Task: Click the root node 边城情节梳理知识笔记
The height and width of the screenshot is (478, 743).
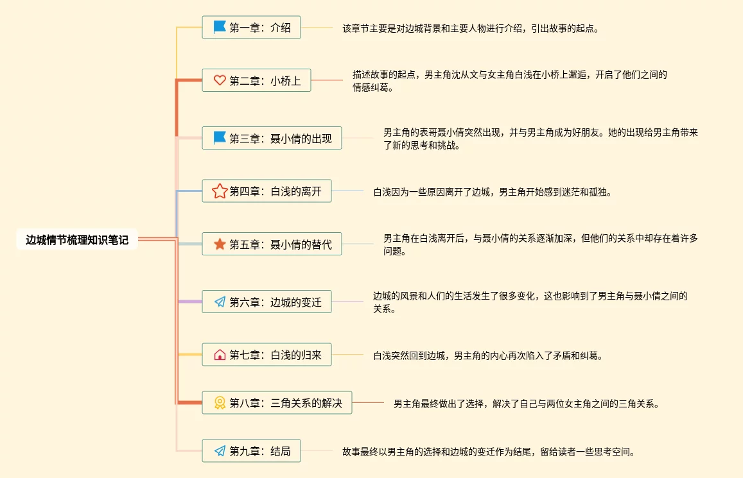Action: click(77, 239)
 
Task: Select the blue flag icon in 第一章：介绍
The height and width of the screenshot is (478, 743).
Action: click(220, 27)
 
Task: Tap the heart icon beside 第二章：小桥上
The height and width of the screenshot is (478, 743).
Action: click(220, 80)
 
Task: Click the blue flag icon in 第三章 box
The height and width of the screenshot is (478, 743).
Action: click(220, 138)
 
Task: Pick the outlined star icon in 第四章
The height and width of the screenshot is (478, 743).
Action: click(220, 191)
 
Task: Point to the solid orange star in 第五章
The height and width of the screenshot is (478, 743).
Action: click(220, 244)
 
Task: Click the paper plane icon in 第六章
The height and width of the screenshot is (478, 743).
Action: click(220, 302)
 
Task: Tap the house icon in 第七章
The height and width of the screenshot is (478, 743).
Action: click(220, 354)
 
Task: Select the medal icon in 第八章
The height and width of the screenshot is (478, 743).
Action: click(220, 403)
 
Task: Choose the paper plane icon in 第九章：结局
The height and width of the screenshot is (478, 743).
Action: click(220, 450)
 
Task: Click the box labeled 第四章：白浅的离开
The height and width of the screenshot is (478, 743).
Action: click(267, 191)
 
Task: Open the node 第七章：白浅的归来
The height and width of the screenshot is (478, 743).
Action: click(267, 354)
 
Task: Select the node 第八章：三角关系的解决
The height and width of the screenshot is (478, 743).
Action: click(277, 403)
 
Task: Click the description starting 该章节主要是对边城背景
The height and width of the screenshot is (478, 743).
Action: click(471, 28)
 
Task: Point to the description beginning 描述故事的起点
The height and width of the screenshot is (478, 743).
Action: click(509, 81)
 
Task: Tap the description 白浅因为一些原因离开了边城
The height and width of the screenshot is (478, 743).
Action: click(493, 192)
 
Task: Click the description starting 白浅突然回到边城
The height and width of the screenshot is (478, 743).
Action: click(488, 355)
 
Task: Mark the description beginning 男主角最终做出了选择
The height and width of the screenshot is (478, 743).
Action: click(527, 404)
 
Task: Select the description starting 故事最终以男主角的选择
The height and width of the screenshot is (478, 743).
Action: click(489, 452)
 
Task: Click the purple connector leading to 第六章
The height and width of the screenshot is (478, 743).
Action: click(190, 302)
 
